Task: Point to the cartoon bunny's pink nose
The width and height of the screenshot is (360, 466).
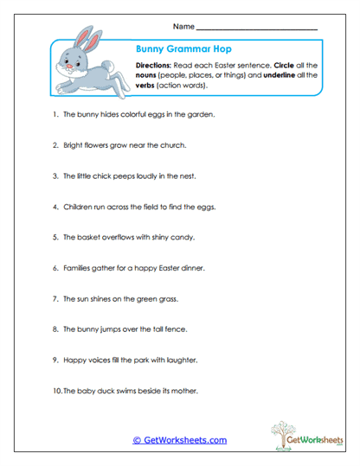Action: coord(60,63)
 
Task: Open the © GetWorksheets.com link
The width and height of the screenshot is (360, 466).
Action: coord(179,440)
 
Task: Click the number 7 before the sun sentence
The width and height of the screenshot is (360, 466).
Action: coord(55,298)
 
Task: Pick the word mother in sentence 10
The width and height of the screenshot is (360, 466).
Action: coord(183,391)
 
